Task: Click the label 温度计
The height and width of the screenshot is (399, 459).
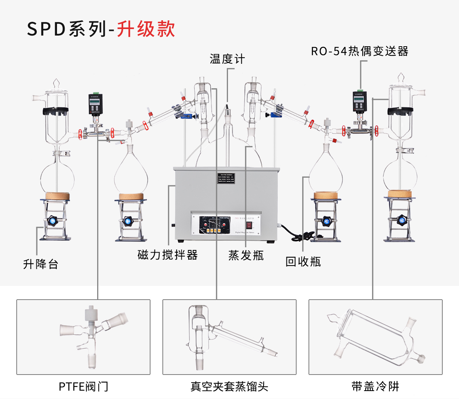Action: pyautogui.click(x=227, y=59)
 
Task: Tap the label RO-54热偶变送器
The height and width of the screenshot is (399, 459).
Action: pyautogui.click(x=360, y=51)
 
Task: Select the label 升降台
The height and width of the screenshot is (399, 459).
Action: pyautogui.click(x=41, y=264)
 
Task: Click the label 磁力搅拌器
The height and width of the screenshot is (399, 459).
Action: pyautogui.click(x=168, y=255)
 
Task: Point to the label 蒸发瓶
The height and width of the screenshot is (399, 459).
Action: pyautogui.click(x=246, y=255)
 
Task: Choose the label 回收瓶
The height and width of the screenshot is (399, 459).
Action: pyautogui.click(x=303, y=261)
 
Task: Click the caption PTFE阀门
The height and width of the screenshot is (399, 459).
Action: pyautogui.click(x=83, y=386)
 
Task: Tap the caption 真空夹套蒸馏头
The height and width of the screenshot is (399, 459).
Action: pyautogui.click(x=229, y=386)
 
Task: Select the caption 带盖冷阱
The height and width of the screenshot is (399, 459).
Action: pyautogui.click(x=375, y=386)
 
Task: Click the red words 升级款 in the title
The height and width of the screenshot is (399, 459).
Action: pyautogui.click(x=146, y=29)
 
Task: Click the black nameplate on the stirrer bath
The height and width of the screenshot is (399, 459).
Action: pyautogui.click(x=225, y=179)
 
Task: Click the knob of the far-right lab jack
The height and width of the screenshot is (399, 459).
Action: pyautogui.click(x=401, y=220)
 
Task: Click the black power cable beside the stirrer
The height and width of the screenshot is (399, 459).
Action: pyautogui.click(x=295, y=233)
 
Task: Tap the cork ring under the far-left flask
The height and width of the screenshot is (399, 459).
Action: pyautogui.click(x=57, y=196)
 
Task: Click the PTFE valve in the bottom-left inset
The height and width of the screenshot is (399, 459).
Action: pyautogui.click(x=92, y=336)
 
